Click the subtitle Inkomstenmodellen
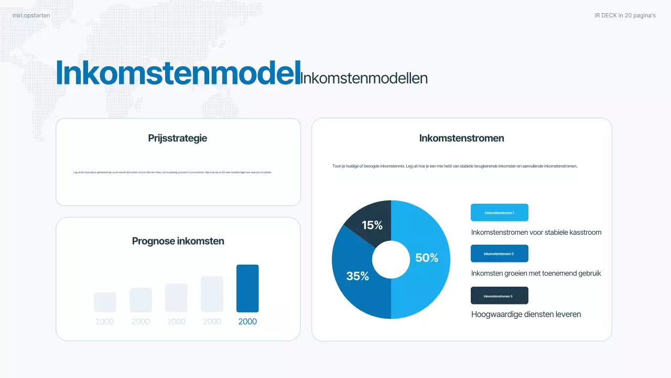364,78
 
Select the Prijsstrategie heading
178,138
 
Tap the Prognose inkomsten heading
178,241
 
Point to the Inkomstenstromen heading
461,138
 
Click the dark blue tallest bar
247,288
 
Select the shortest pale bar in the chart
105,302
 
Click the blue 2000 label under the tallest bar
247,321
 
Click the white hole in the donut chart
391,259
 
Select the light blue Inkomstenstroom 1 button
499,213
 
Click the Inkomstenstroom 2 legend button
499,254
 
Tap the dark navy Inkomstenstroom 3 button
499,296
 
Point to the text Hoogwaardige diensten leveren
526,314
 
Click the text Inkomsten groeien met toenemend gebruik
536,274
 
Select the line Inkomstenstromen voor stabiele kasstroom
536,232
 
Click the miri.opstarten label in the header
31,16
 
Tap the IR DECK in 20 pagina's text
625,16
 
